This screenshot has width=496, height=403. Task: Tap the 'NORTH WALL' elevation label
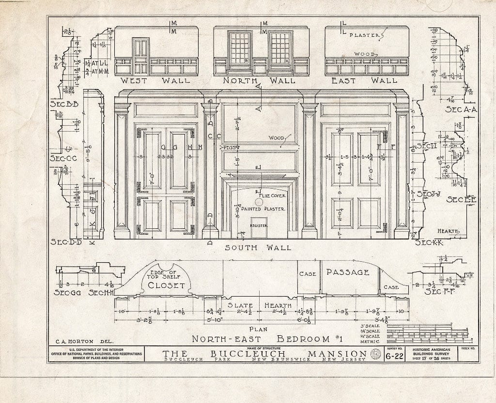(x=261, y=81)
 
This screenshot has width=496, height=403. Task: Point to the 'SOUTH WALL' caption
(x=258, y=248)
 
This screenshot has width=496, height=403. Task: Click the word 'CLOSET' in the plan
(x=166, y=285)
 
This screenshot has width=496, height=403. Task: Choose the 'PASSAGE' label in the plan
(x=347, y=272)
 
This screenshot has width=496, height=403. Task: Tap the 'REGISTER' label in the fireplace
(x=259, y=225)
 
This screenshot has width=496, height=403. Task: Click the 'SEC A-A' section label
(x=462, y=110)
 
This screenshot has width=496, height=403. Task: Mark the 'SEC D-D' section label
(x=66, y=241)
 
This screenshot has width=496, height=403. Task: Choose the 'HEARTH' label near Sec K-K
(x=449, y=231)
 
